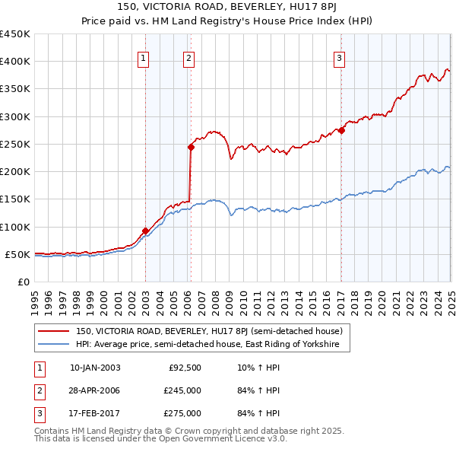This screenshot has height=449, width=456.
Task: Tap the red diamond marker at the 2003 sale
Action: tap(145, 231)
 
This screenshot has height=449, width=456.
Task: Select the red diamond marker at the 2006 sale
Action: tap(191, 147)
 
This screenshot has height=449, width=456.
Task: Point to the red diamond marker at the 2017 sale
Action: tap(341, 130)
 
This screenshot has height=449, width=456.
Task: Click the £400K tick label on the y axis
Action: tap(14, 62)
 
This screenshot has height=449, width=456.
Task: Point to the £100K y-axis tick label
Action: tap(14, 227)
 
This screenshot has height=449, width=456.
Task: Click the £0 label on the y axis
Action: tap(23, 282)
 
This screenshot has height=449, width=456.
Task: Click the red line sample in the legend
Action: tap(54, 331)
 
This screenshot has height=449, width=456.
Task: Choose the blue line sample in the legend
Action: tap(54, 344)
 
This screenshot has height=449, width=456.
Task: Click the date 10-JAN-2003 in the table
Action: tap(95, 368)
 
